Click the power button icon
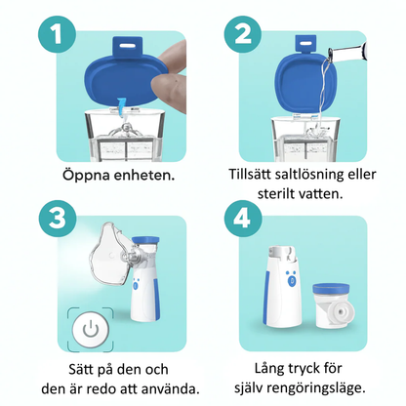coord(91,329)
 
